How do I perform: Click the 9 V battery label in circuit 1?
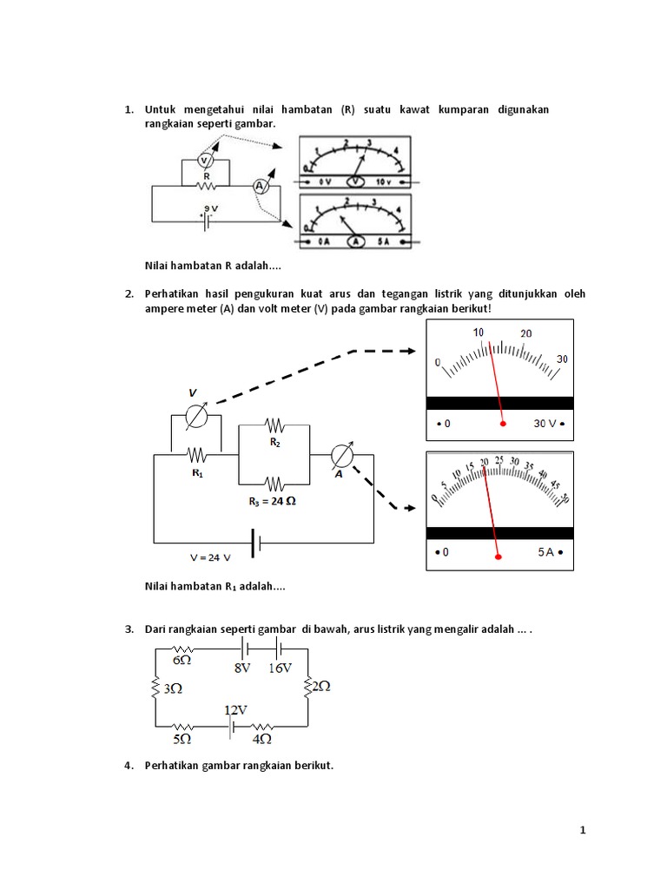coord(209,207)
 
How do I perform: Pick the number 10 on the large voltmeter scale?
coord(479,333)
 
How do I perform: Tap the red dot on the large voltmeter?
coord(503,424)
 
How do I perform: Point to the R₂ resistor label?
coord(274,443)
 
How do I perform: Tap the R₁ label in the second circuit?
coord(198,474)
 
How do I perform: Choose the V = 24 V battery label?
coord(211,556)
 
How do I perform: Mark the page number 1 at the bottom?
coord(584,831)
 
